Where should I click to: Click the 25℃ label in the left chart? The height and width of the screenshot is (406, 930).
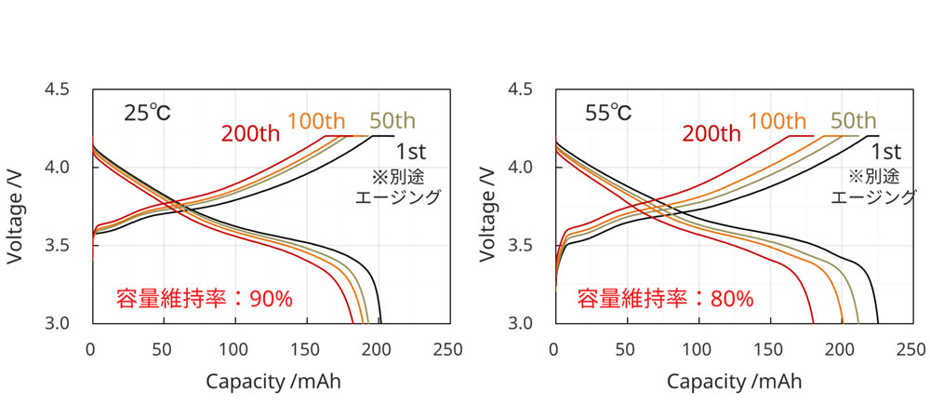coord(148,114)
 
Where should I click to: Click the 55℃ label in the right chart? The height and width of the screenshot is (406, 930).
coord(608,114)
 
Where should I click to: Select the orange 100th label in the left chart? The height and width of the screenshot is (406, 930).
coord(316,120)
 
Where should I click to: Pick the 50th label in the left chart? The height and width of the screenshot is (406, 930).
coord(392,120)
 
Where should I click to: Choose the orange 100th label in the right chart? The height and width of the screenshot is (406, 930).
coord(777,120)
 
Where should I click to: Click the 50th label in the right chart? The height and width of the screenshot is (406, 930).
coord(853,120)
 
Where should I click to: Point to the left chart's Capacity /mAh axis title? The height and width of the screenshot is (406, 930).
coord(272,382)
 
